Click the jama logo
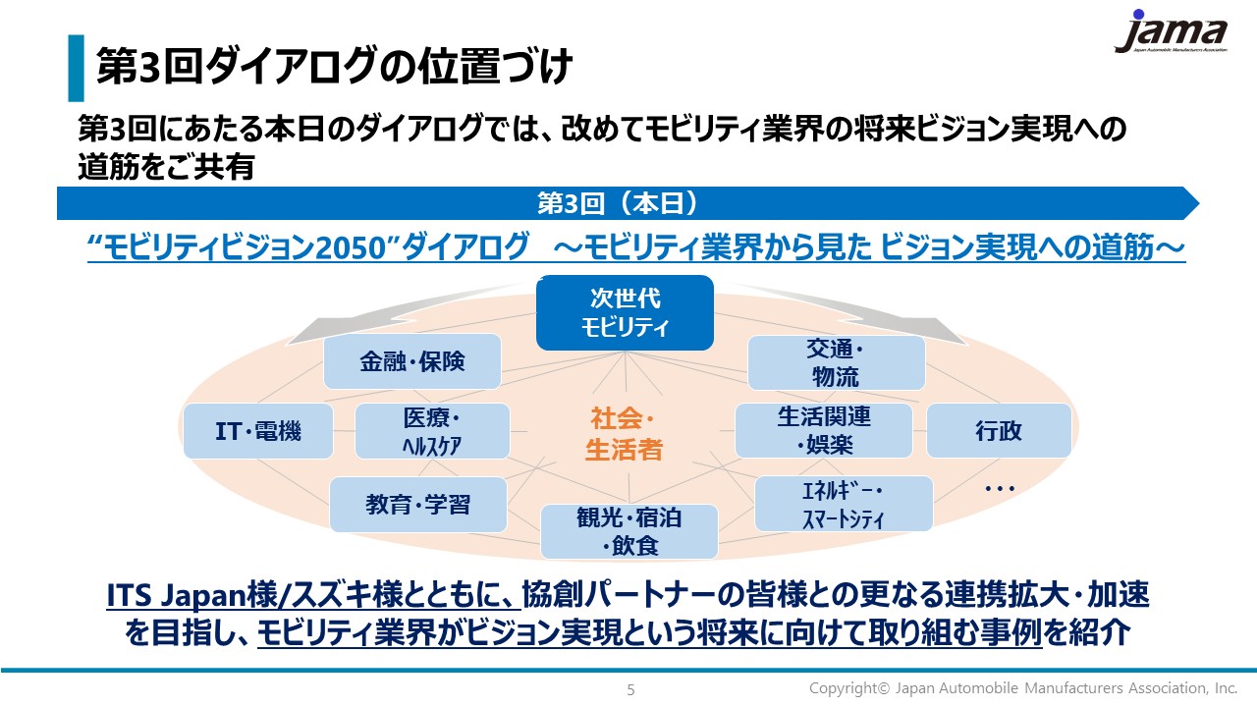[x=1172, y=32]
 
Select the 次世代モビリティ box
[x=625, y=312]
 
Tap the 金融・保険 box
[x=412, y=361]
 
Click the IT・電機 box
[x=258, y=431]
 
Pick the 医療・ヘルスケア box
[x=432, y=431]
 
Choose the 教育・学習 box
[x=418, y=505]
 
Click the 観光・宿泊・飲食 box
[x=629, y=531]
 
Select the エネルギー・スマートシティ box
[x=844, y=504]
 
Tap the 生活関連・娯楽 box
[x=824, y=430]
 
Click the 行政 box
[x=999, y=430]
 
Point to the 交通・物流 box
[x=836, y=362]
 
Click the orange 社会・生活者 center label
[x=624, y=434]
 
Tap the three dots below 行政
[x=1000, y=489]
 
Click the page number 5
[x=630, y=689]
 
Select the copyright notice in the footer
[x=1023, y=688]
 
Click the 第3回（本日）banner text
[x=618, y=203]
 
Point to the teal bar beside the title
[x=76, y=68]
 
